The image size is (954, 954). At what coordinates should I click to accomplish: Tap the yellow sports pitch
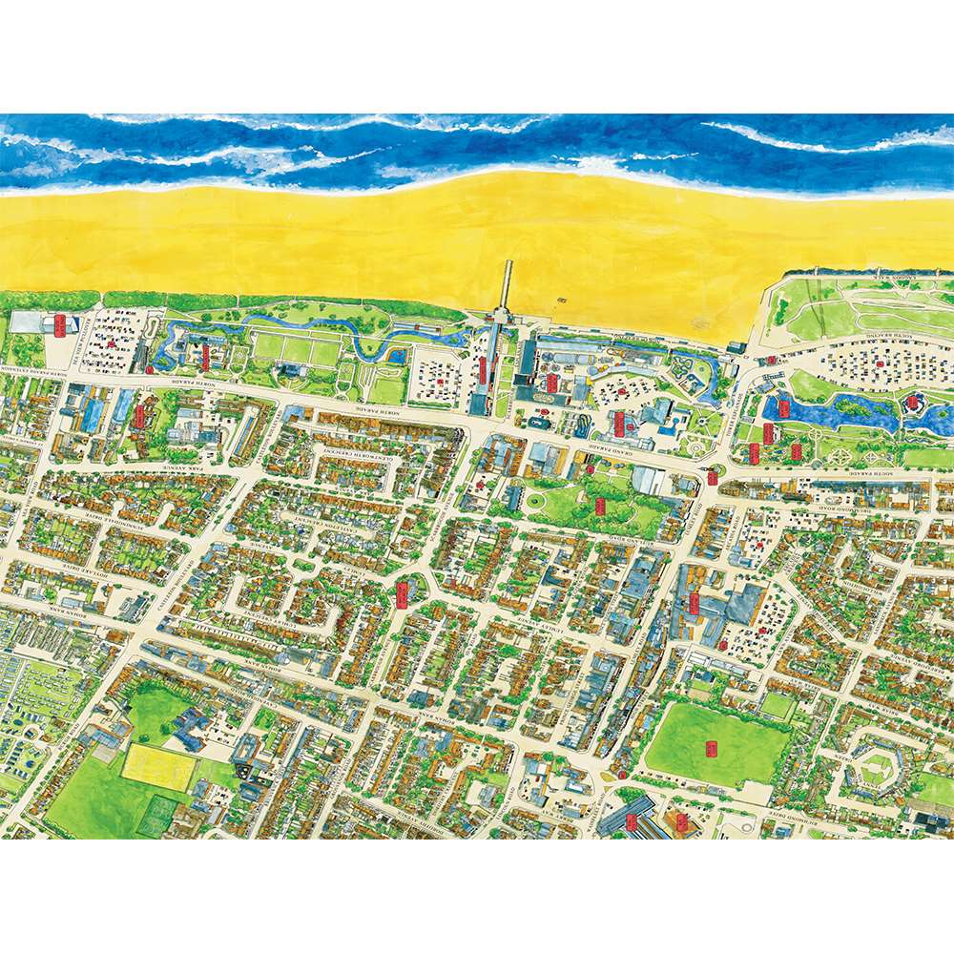[157, 767]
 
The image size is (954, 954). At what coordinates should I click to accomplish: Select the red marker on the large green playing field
[710, 749]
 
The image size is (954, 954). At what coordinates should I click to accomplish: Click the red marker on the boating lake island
[912, 404]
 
